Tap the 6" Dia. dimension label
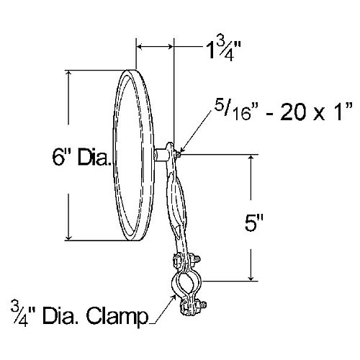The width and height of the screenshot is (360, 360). tap(80, 154)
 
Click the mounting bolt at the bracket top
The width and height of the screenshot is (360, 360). tap(176, 152)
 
